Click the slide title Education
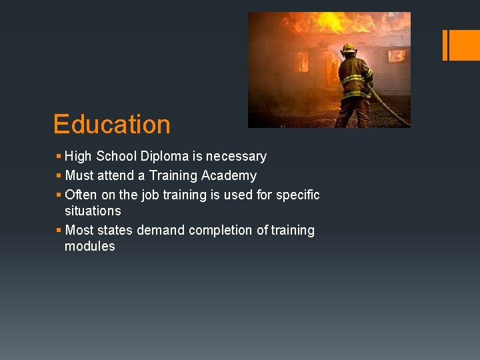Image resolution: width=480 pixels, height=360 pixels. (x=111, y=125)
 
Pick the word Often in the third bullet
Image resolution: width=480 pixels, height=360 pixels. (x=81, y=195)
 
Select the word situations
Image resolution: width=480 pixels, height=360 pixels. (x=93, y=211)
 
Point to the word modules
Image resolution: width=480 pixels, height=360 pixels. (x=90, y=247)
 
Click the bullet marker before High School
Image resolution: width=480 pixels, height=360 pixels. (x=59, y=157)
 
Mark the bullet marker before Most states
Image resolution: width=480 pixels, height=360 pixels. (x=59, y=231)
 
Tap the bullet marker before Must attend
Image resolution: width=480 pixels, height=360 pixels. (x=59, y=176)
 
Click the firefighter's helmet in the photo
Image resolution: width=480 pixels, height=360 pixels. (x=348, y=48)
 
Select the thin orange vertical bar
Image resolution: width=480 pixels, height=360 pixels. (x=445, y=45)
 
